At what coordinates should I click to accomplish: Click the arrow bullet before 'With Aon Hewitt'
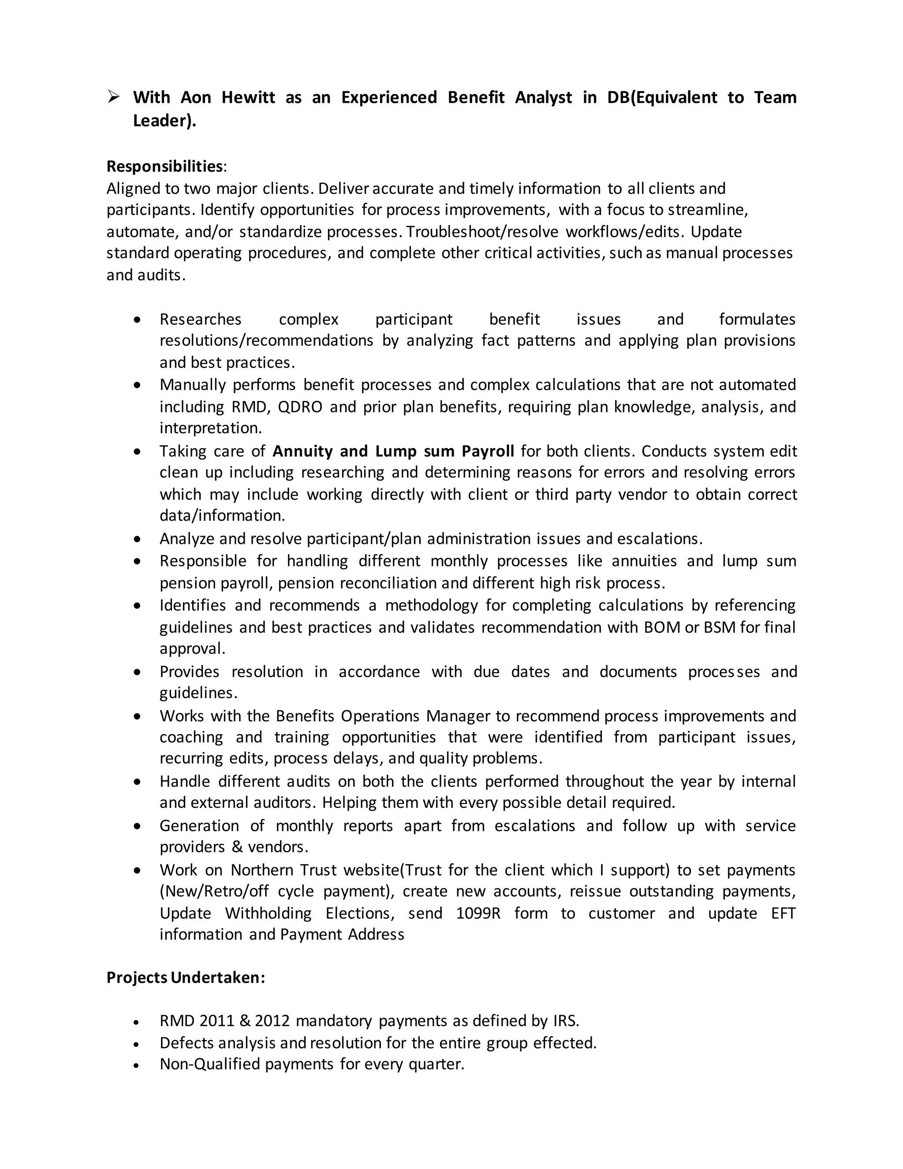click(x=113, y=97)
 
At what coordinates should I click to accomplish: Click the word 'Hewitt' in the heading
click(x=248, y=97)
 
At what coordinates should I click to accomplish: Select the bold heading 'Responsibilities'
click(x=164, y=166)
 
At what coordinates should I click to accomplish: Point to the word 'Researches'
click(x=201, y=319)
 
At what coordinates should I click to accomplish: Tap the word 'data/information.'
click(x=222, y=515)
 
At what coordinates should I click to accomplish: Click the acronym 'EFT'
click(x=783, y=913)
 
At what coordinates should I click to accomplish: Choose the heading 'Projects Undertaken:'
click(x=186, y=978)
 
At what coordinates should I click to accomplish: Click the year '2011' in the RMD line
click(x=216, y=1021)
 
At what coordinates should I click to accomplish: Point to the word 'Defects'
click(x=187, y=1043)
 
